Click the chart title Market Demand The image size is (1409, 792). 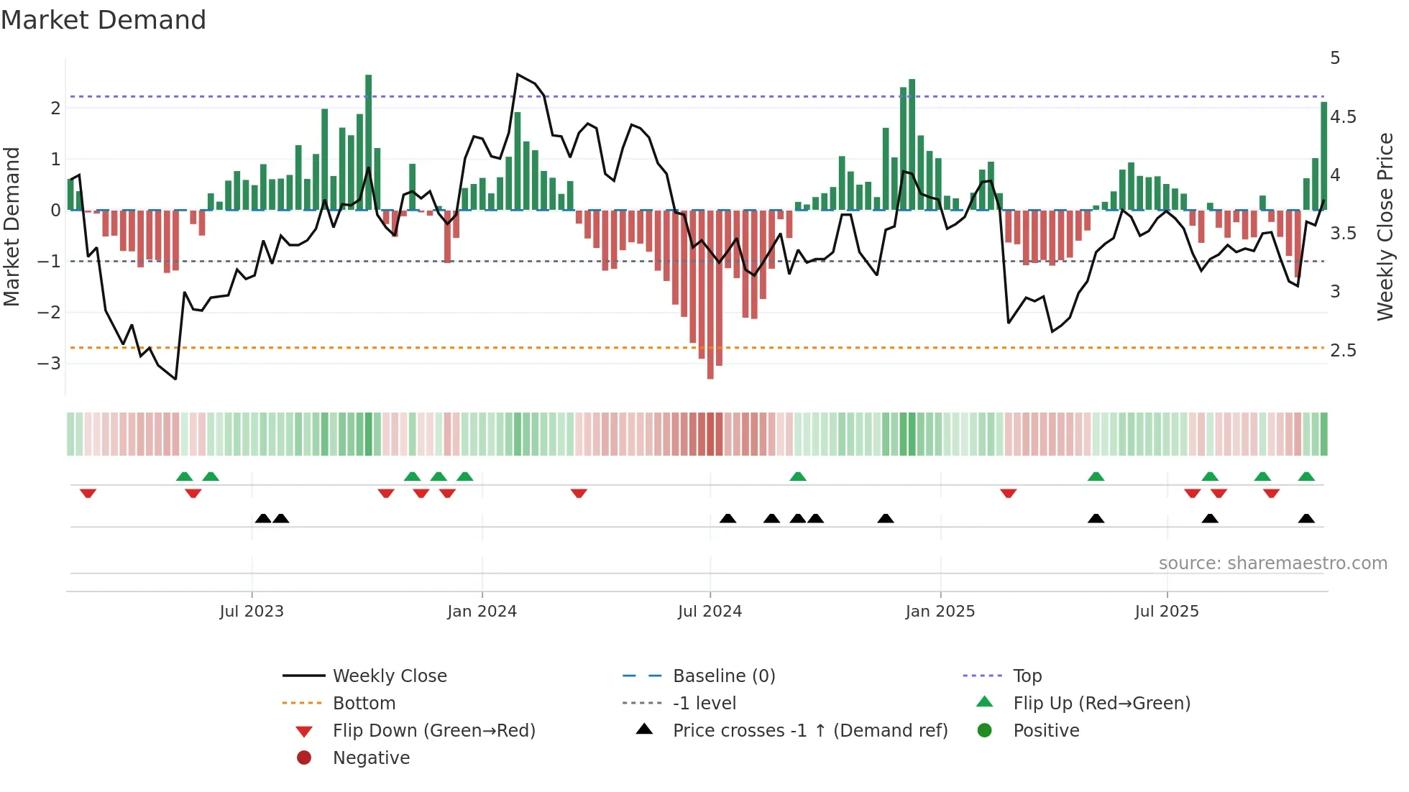coord(104,20)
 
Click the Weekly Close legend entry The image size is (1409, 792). coord(389,676)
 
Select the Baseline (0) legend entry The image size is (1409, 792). coord(723,676)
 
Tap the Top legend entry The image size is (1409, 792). coord(1027,676)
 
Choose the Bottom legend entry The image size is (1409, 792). coord(364,704)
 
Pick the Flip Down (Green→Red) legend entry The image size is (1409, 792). coord(433,731)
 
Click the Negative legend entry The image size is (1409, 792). coord(371,758)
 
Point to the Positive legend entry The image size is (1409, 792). coord(1045,731)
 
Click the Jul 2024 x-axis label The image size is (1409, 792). coord(710,612)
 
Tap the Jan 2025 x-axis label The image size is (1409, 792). coord(940,612)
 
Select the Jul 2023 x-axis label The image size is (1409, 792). coord(252,612)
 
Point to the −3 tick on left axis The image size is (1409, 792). coord(49,364)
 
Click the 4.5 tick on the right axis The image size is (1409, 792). coord(1343,117)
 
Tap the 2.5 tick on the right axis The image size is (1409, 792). coord(1343,351)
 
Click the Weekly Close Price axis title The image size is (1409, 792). coord(1385,226)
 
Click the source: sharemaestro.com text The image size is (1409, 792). coord(1272,563)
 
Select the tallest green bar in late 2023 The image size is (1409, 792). coord(369,144)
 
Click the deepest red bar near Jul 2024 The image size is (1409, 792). coord(710,295)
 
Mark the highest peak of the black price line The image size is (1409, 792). coord(518,75)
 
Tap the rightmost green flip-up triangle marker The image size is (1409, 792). coord(1306,476)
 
